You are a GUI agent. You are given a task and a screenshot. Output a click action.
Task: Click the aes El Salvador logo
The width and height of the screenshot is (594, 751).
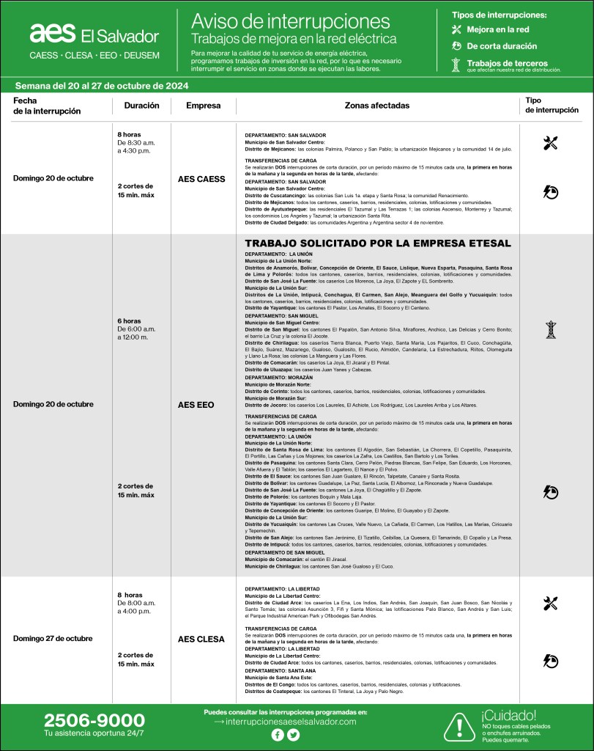[94, 34]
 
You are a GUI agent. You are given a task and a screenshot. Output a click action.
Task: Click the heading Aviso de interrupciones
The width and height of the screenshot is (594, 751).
[291, 20]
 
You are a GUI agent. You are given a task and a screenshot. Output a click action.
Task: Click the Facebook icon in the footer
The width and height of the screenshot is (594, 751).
[278, 736]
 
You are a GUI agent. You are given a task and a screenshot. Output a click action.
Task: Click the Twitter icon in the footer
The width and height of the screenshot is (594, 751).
[294, 736]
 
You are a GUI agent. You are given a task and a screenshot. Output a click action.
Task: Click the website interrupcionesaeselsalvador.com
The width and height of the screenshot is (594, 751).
[291, 722]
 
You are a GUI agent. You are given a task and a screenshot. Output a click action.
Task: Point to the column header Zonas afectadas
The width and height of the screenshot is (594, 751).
[376, 106]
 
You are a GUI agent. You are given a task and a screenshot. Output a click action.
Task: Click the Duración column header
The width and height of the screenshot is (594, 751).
[141, 106]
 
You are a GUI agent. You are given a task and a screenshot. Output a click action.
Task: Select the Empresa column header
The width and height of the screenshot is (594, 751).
[203, 106]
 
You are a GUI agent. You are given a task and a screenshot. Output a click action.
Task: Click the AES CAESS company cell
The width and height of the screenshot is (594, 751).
[201, 178]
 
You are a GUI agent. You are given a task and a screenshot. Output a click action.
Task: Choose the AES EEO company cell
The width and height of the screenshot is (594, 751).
[201, 404]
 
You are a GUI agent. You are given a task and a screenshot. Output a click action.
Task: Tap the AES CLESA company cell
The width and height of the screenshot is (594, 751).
[201, 639]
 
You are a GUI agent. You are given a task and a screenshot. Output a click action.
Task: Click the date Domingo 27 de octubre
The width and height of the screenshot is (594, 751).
[53, 639]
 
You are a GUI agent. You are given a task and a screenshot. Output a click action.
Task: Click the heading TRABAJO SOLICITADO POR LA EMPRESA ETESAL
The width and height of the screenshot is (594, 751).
[377, 243]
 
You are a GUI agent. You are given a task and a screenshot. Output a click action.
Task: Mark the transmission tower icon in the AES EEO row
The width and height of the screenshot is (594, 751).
[550, 330]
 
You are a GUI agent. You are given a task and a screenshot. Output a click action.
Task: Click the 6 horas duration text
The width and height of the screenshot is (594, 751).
[129, 321]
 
